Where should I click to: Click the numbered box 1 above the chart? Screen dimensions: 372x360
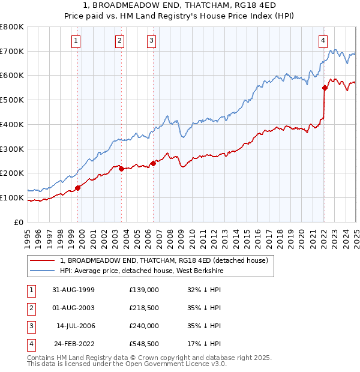point(76,41)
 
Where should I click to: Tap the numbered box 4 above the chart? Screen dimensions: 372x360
point(323,41)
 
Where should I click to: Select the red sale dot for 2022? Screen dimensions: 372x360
point(325,88)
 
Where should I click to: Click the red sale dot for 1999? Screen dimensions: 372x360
point(78,188)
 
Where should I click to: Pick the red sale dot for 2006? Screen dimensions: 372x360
point(153,163)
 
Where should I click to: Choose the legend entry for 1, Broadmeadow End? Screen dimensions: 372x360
point(167,260)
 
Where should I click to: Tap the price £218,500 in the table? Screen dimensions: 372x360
point(143,308)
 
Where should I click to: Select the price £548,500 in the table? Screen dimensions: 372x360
point(143,344)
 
